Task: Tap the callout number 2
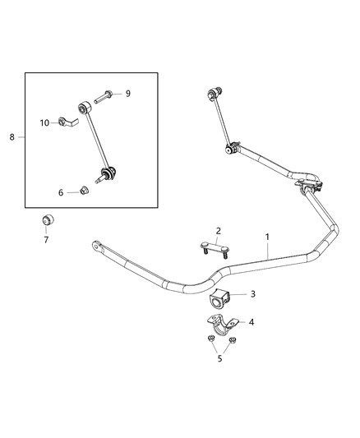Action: pos(219,231)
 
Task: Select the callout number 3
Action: pos(253,294)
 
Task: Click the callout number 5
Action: pos(219,358)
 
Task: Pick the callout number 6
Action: pos(60,192)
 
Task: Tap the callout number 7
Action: pos(46,240)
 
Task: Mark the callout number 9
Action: pos(127,94)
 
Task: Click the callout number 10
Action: pos(45,123)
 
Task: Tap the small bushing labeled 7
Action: pos(47,221)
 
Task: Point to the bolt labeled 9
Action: pos(105,95)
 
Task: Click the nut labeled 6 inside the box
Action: pos(85,191)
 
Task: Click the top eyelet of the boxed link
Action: pos(84,106)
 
